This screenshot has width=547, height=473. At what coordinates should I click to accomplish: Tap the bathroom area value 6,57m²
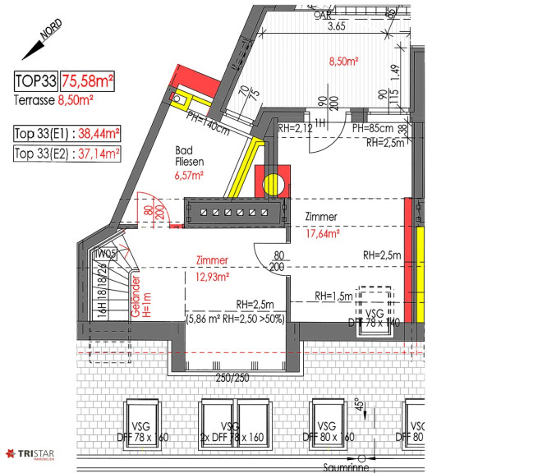188,175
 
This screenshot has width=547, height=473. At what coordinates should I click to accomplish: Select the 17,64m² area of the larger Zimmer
323,232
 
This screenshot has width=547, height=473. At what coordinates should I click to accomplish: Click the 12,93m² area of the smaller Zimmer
213,276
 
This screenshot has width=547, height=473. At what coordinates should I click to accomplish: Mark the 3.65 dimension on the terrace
336,27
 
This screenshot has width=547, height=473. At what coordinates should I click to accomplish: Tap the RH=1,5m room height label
333,296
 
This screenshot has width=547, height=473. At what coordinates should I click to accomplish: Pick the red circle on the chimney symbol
271,181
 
